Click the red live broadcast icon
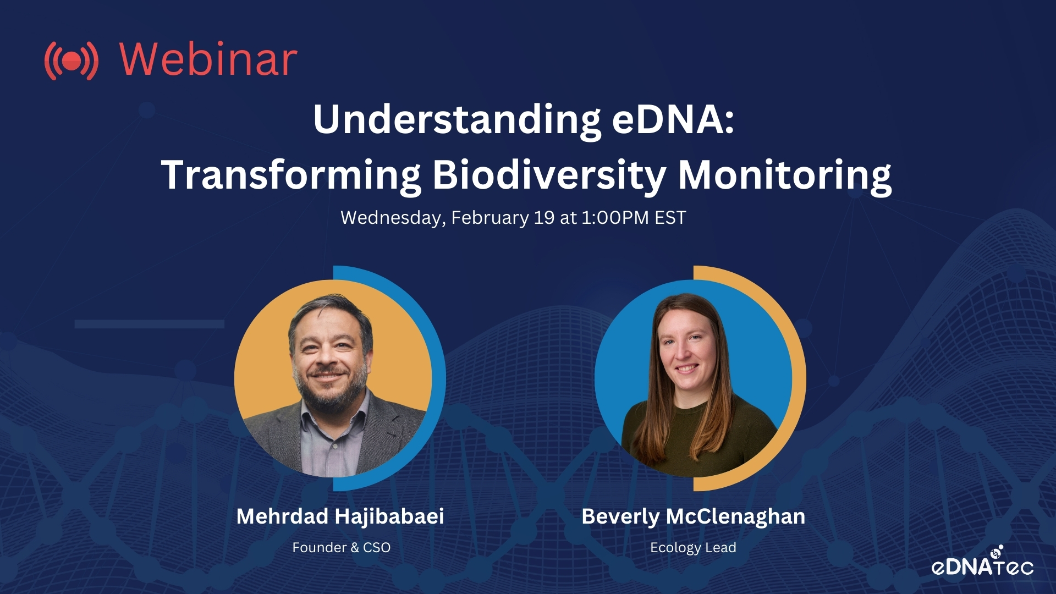(71, 61)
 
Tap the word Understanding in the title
(457, 120)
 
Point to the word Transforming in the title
(291, 175)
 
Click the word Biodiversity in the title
(549, 175)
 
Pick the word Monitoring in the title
(785, 175)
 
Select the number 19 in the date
(544, 218)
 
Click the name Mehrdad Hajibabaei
(340, 516)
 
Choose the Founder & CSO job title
(342, 548)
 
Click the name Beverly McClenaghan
(694, 517)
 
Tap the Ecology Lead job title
(693, 548)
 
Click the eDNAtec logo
(982, 562)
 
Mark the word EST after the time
(670, 218)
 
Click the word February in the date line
(490, 218)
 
